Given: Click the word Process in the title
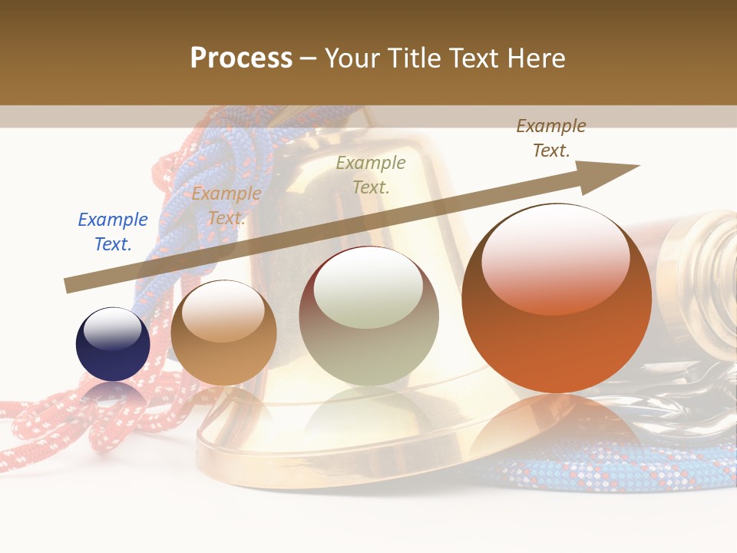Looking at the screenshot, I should (x=241, y=58).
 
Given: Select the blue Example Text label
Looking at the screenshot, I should (x=113, y=231).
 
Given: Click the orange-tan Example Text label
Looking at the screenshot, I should (x=226, y=206).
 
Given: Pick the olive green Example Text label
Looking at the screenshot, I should (x=371, y=174).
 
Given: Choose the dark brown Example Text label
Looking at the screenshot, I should (x=551, y=138).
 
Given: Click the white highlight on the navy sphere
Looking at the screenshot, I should (x=112, y=329).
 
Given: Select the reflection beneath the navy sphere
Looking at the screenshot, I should (x=113, y=396).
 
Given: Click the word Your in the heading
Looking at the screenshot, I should (x=355, y=58).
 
